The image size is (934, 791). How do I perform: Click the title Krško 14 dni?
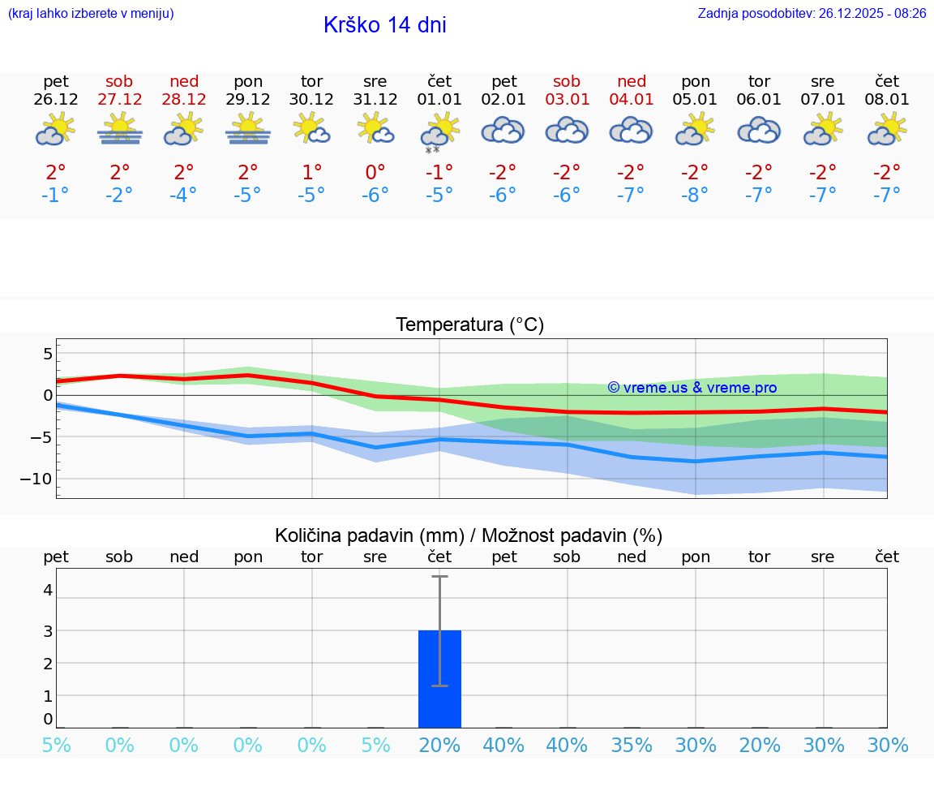(384, 25)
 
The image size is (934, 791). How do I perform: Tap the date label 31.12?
(375, 100)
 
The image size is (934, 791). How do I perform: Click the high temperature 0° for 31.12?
(375, 172)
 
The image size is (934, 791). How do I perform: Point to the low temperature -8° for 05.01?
(695, 195)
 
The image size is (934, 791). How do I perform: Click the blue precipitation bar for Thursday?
(439, 681)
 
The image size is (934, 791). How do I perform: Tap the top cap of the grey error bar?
(439, 576)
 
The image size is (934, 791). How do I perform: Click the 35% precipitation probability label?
(632, 746)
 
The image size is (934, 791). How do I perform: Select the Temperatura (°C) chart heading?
(469, 325)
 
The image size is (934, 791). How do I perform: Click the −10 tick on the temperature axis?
(36, 479)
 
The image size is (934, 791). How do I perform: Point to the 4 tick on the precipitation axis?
(48, 590)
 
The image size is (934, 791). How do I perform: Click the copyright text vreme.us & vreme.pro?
(692, 388)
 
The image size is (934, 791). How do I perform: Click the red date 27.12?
(119, 100)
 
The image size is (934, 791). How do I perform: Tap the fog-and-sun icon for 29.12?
(247, 130)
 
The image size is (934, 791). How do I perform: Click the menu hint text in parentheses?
(91, 13)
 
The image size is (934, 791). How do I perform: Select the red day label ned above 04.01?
(632, 81)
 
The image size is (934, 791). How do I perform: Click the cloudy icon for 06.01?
(759, 130)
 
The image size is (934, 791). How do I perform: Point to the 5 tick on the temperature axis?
(48, 354)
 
